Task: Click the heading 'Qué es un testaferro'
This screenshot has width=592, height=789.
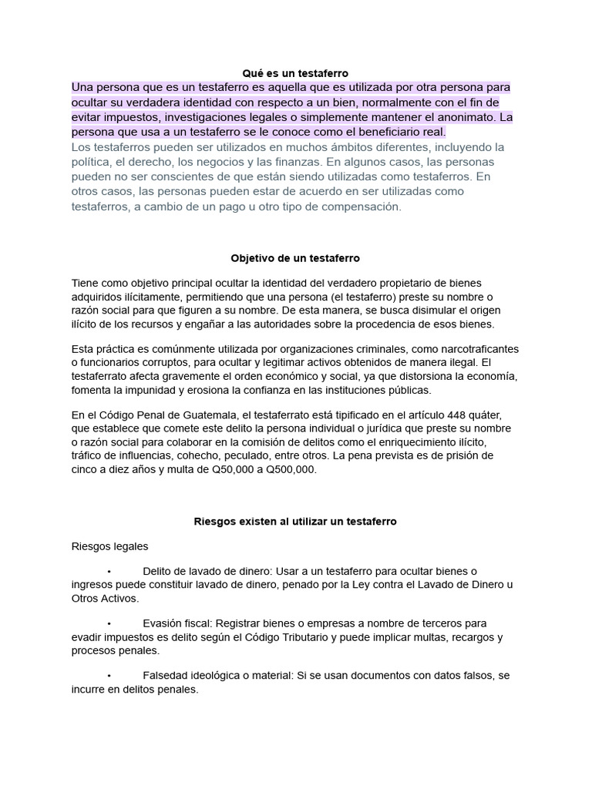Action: pyautogui.click(x=295, y=73)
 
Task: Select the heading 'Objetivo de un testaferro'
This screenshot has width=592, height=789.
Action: pyautogui.click(x=295, y=258)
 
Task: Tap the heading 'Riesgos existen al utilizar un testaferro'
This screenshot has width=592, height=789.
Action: pyautogui.click(x=295, y=522)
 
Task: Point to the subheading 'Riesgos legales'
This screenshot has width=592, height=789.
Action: pyautogui.click(x=109, y=546)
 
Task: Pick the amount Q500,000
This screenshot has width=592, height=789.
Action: pyautogui.click(x=288, y=469)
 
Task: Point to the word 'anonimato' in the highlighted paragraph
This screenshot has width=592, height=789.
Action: pyautogui.click(x=460, y=118)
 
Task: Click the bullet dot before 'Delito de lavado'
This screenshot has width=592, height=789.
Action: pyautogui.click(x=109, y=571)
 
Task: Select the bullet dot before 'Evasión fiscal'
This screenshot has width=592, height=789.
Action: pyautogui.click(x=109, y=623)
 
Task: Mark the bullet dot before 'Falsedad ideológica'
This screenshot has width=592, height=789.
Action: pyautogui.click(x=109, y=676)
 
